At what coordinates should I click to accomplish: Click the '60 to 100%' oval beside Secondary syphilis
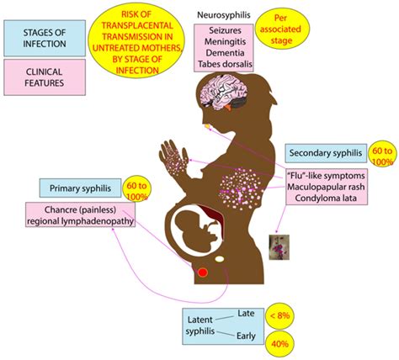(379, 152)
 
